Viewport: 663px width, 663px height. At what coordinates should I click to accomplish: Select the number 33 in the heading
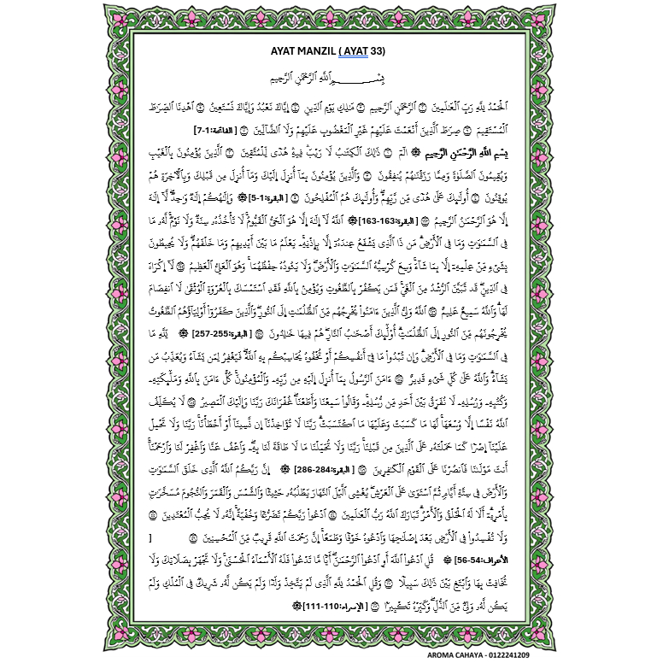(378, 51)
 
